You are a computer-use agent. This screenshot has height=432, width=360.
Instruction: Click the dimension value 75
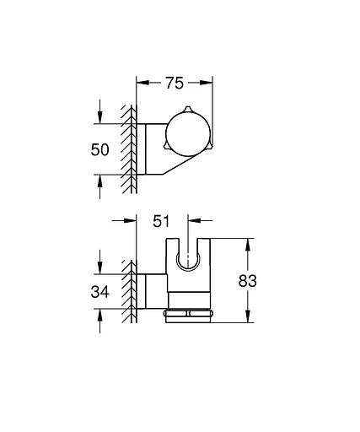(175, 83)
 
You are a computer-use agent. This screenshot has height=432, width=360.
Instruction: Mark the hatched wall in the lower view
(130, 291)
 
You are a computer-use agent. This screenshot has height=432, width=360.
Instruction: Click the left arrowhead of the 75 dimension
(141, 83)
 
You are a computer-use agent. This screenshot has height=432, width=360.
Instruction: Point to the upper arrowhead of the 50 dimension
(101, 118)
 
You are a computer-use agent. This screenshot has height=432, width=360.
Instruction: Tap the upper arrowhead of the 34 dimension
(101, 270)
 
